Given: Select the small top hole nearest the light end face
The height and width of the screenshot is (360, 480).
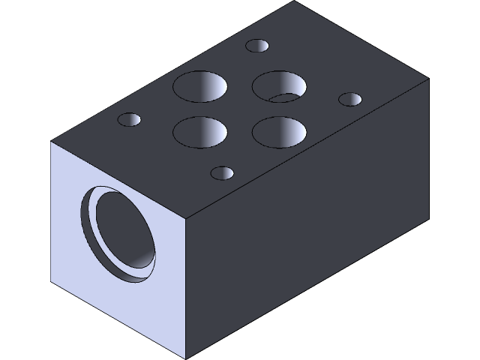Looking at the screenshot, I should click(130, 120).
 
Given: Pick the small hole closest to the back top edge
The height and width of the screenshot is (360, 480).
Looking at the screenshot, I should click(257, 46).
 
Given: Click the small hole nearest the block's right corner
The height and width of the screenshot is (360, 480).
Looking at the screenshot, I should click(350, 99).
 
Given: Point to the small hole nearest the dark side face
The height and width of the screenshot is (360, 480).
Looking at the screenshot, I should click(223, 174).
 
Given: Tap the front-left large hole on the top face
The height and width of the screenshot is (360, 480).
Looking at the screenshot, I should click(200, 133).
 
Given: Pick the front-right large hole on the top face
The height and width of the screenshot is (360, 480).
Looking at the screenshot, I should click(279, 131).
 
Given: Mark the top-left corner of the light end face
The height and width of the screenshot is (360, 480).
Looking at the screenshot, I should click(51, 142).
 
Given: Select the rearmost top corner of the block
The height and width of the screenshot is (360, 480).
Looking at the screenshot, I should click(294, 1).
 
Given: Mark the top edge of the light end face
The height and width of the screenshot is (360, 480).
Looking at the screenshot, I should click(118, 181).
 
